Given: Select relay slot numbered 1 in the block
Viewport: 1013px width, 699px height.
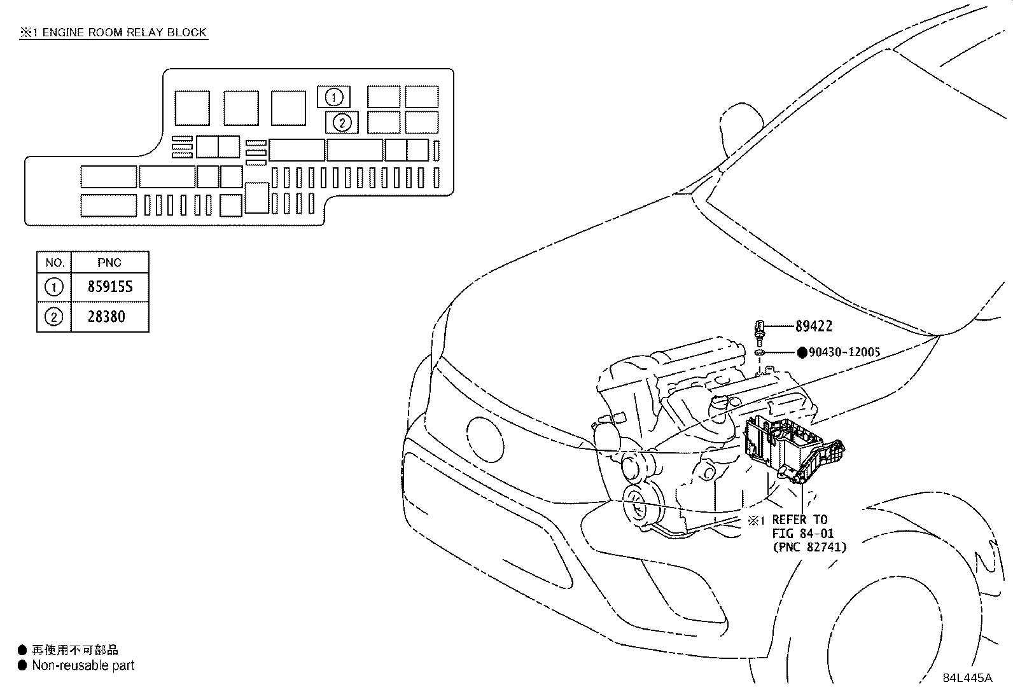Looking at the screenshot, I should tap(334, 97).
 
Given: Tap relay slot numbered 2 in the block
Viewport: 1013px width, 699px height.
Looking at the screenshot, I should tap(342, 122).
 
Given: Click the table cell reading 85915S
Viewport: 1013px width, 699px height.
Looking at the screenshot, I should tap(110, 287).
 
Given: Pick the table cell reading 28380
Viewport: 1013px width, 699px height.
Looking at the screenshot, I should tap(106, 317).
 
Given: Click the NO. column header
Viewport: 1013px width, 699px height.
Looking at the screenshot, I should tap(55, 263).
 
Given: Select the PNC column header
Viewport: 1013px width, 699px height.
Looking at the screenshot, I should tap(109, 263).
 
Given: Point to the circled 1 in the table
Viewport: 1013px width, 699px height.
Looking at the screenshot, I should tap(54, 287).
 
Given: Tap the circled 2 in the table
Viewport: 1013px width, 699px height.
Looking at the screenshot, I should tap(54, 317).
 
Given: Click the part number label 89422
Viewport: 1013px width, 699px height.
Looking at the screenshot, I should tap(813, 326).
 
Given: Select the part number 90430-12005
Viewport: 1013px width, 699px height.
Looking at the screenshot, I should tap(844, 352).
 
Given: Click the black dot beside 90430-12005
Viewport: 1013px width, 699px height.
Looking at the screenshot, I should tap(801, 352).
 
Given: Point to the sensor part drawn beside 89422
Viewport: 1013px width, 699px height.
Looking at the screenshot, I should tap(760, 329).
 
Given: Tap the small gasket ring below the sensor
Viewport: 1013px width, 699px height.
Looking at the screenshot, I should tap(760, 352).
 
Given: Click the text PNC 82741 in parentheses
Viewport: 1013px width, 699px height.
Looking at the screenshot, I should tap(810, 547).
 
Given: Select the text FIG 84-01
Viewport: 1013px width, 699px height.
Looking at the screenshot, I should tap(802, 534).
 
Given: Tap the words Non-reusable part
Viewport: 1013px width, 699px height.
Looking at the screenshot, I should tap(83, 665).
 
